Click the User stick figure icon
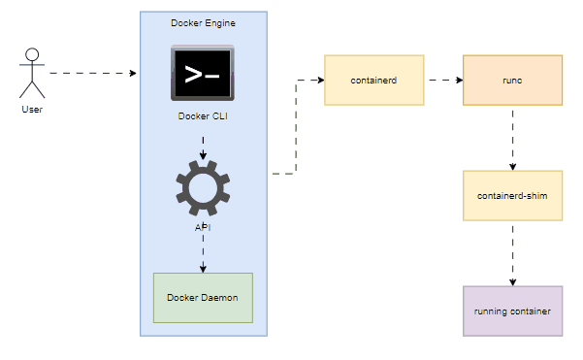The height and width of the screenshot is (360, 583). tap(33, 73)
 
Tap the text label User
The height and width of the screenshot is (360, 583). tap(32, 109)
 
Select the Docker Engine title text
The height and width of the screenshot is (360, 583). tap(203, 22)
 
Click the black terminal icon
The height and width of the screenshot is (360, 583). tap(203, 74)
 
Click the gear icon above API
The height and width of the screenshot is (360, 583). tap(203, 188)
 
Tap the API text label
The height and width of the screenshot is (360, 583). tap(203, 227)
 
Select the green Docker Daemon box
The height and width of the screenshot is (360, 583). tap(203, 298)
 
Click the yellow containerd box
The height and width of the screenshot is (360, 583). tap(373, 80)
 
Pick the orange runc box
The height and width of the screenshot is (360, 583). tap(512, 80)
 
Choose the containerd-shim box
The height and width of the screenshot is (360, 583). tap(512, 195)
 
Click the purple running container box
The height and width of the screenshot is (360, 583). tap(512, 311)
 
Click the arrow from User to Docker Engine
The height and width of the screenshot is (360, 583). tap(93, 73)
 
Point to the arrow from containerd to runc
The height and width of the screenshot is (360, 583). tap(443, 80)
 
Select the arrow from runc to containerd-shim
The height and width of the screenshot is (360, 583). tap(512, 137)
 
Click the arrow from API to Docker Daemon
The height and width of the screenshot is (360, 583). tap(203, 253)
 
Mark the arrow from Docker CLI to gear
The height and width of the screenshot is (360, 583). tap(203, 147)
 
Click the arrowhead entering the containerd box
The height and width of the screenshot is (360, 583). tap(319, 80)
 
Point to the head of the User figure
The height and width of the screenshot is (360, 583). tap(32, 52)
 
